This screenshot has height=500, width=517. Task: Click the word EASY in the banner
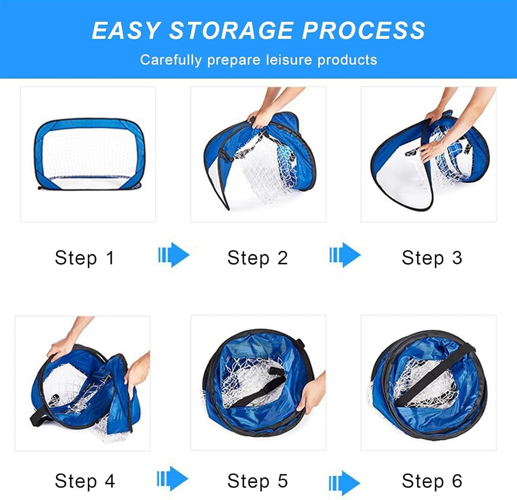pyautogui.click(x=126, y=31)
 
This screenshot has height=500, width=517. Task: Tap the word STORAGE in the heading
pyautogui.click(x=231, y=31)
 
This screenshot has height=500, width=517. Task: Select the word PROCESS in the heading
pyautogui.click(x=364, y=31)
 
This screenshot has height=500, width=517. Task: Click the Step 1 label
pyautogui.click(x=85, y=258)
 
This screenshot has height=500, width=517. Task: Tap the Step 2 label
pyautogui.click(x=258, y=258)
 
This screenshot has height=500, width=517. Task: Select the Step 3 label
pyautogui.click(x=432, y=258)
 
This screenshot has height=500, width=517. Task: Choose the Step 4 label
pyautogui.click(x=85, y=481)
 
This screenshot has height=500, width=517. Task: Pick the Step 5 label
pyautogui.click(x=258, y=481)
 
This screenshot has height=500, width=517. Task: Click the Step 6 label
pyautogui.click(x=432, y=481)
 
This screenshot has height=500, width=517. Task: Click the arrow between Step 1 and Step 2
pyautogui.click(x=174, y=255)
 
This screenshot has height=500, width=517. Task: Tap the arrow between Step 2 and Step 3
pyautogui.click(x=345, y=255)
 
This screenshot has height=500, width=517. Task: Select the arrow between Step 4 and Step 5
pyautogui.click(x=173, y=478)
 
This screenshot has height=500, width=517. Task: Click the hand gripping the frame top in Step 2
pyautogui.click(x=259, y=118)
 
